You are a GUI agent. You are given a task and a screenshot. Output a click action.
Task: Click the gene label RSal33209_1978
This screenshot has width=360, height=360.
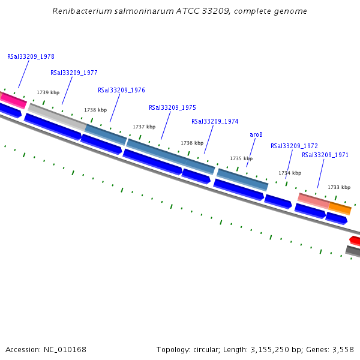31,56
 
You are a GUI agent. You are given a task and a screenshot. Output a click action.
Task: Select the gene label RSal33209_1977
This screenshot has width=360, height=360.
74,73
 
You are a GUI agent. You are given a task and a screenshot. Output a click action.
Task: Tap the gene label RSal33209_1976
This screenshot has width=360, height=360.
121,90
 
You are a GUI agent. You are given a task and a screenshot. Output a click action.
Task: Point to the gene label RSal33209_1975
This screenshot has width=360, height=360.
172,107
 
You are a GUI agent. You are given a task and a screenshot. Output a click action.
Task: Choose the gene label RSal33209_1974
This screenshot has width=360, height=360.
215,121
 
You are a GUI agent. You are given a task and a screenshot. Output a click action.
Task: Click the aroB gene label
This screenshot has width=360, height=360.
256,135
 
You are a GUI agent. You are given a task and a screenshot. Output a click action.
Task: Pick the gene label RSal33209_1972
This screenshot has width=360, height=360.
294,146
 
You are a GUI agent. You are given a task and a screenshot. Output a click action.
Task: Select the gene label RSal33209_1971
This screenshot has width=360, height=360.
325,155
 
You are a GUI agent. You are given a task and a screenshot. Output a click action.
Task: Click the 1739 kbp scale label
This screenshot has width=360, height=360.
48,92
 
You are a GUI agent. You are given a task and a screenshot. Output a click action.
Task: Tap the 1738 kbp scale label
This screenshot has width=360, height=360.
95,110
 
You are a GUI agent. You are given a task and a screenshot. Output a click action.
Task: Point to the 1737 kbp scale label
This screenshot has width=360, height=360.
144,127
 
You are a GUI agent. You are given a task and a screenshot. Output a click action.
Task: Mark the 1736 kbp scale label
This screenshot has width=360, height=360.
192,143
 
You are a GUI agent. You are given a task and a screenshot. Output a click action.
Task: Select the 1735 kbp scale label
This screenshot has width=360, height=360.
241,158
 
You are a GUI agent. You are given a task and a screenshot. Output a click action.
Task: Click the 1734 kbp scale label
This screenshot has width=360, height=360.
290,173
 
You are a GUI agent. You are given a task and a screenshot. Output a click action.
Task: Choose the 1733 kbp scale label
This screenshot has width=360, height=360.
339,187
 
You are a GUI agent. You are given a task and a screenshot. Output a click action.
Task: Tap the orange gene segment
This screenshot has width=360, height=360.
340,208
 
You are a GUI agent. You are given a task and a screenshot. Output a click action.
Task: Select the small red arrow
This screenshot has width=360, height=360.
355,241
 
